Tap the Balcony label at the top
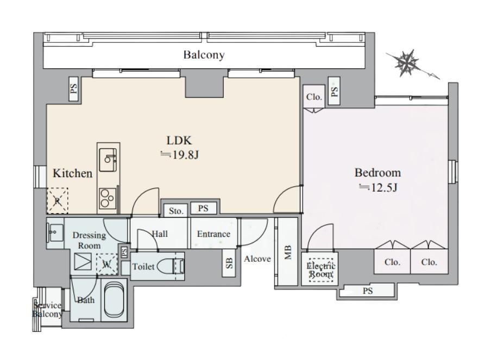coord(204,55)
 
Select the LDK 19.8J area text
coord(180,148)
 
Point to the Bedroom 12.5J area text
coord(378,180)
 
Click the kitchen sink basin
coord(108,160)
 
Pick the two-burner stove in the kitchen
coord(108,198)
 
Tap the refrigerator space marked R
coord(58,201)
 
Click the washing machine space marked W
coord(106,264)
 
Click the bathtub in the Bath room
coord(114,300)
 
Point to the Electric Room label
coord(320,269)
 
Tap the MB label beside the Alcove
coord(288,252)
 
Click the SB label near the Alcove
coord(229,263)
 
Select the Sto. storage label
coord(176,211)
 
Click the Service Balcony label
coord(48,310)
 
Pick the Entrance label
coord(213,234)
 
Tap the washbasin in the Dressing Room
coord(55,233)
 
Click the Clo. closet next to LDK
coord(314,97)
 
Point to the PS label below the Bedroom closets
coord(368,290)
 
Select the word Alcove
coord(257,259)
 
